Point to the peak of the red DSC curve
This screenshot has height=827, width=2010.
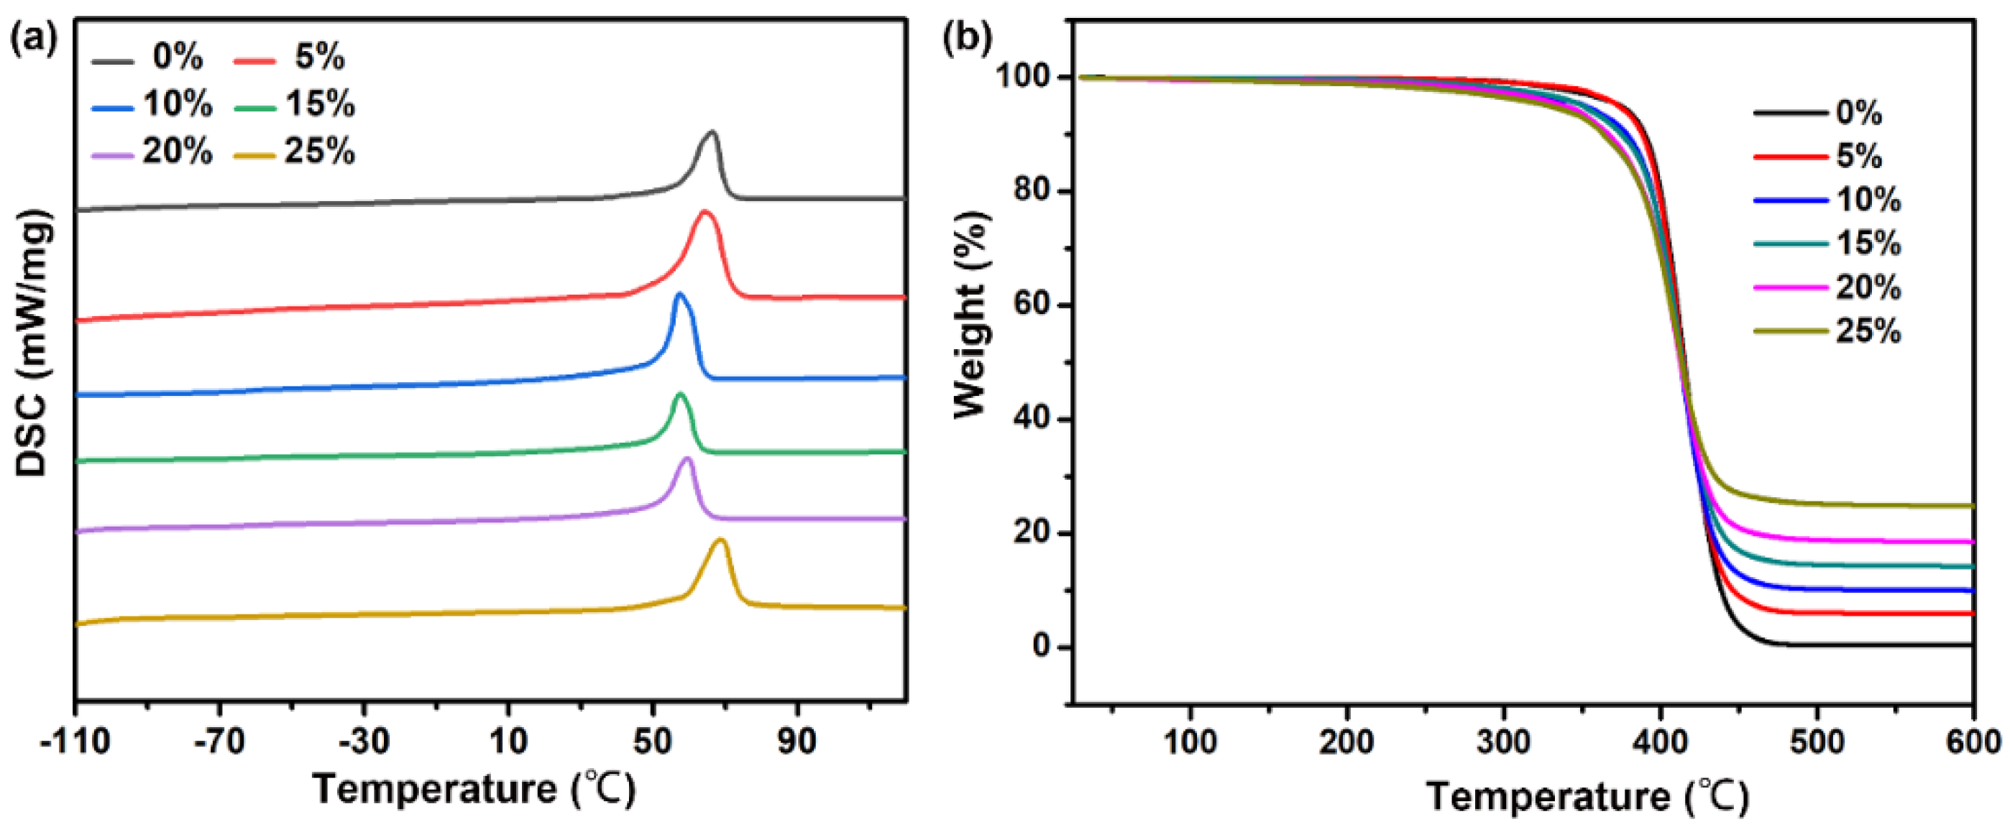point(705,211)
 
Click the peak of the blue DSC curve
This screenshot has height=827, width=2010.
point(679,294)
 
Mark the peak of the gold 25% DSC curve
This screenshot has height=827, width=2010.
point(721,540)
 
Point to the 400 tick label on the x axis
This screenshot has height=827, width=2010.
point(1661,741)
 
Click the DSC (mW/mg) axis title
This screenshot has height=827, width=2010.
point(33,343)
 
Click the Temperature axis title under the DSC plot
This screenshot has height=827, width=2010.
point(474,790)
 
